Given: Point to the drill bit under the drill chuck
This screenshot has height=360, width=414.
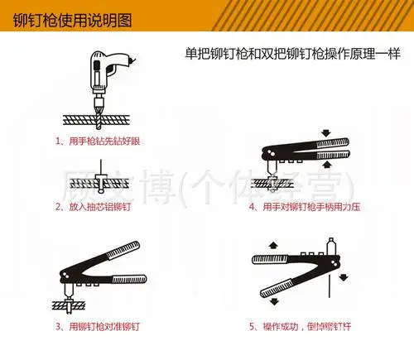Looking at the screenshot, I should (98, 117).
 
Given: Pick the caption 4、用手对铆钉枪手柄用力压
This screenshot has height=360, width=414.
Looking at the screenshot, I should (306, 206).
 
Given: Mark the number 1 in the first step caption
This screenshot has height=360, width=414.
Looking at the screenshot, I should (59, 141).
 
